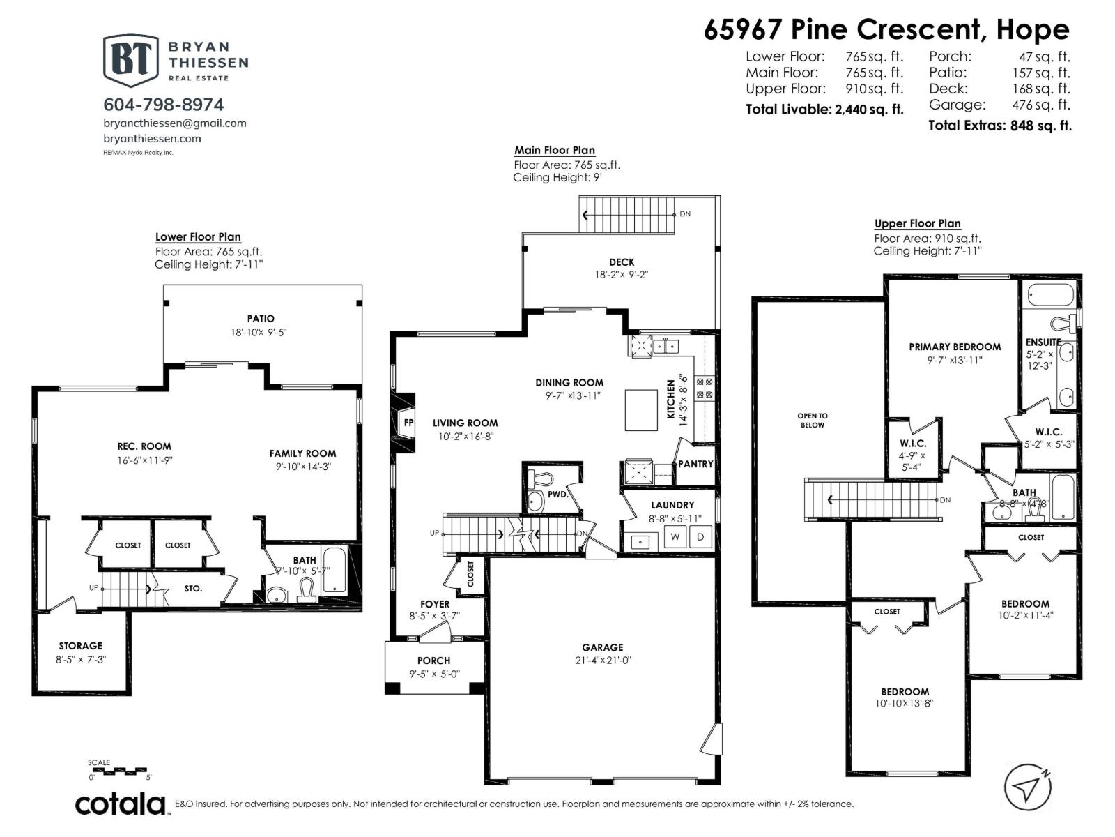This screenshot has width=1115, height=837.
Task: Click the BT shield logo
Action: click(x=130, y=61)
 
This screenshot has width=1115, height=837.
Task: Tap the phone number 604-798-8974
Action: click(x=164, y=105)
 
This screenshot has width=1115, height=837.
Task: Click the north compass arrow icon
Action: click(x=1027, y=788)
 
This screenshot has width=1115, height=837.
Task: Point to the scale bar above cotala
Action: click(x=119, y=771)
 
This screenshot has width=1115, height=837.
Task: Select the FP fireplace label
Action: click(x=408, y=423)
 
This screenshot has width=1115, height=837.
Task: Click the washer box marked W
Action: click(x=675, y=536)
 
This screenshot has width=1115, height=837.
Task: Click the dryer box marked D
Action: click(x=700, y=536)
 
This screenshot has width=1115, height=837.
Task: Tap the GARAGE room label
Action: click(x=603, y=647)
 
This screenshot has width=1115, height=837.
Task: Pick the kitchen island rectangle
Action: click(x=641, y=410)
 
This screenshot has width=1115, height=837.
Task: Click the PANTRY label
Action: click(x=695, y=464)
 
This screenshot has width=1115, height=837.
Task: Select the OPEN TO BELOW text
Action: click(x=813, y=421)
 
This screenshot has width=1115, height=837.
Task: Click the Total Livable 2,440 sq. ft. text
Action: click(x=824, y=110)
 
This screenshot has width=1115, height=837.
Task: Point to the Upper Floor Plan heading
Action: click(x=917, y=223)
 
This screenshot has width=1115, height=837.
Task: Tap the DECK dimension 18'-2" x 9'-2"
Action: click(x=622, y=274)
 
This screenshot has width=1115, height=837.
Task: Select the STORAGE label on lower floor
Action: click(x=80, y=646)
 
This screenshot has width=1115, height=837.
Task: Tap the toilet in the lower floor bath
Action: click(x=306, y=591)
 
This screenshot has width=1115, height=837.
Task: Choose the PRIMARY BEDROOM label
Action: click(x=954, y=347)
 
